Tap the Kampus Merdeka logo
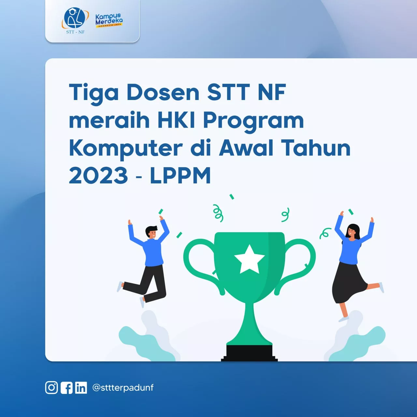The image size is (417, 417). tap(109, 20)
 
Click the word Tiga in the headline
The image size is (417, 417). tap(93, 93)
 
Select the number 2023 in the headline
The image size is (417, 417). tap(98, 176)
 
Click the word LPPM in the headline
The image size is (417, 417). tap(180, 176)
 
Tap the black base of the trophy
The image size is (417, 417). tap(249, 353)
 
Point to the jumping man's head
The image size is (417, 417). tap(151, 232)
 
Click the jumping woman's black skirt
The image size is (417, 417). tap(349, 282)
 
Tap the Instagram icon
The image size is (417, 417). tap(51, 388)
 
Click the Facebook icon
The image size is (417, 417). tap(67, 388)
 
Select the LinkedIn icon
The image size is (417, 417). tap(81, 388)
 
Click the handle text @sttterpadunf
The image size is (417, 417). tap(123, 388)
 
